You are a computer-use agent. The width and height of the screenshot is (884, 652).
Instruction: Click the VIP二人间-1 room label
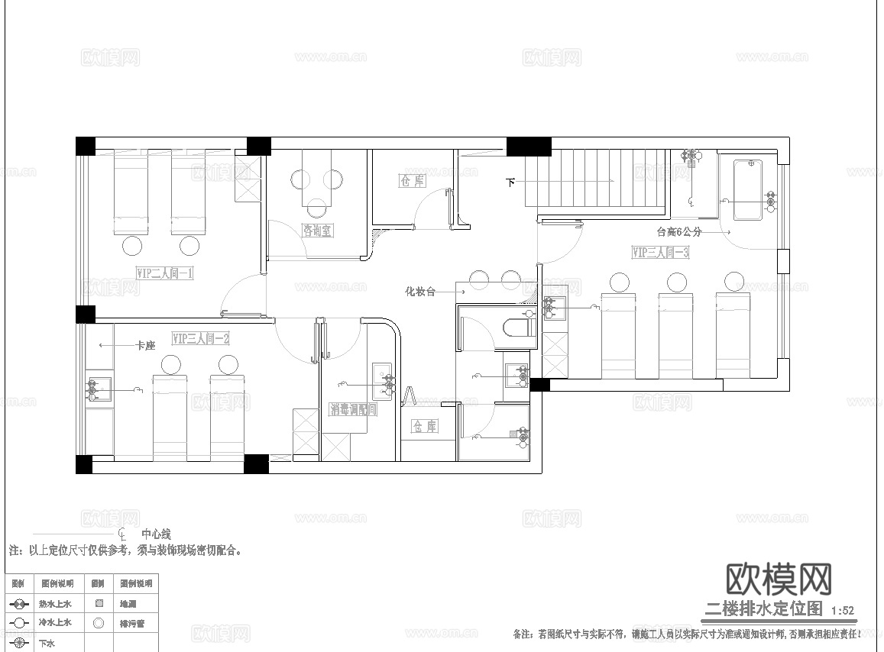coord(164,273)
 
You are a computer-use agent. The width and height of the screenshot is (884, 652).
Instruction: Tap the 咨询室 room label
coord(317,231)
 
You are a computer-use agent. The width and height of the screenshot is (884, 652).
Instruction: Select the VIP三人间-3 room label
coord(661,252)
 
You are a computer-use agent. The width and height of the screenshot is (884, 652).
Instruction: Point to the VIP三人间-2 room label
coord(201,337)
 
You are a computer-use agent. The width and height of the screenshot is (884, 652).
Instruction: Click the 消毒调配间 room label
coord(353,409)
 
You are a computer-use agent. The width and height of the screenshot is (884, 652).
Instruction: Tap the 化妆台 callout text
coord(419,291)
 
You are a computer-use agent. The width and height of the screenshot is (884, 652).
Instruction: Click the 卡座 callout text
coord(145,345)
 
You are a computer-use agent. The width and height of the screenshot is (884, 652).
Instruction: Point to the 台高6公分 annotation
coord(678,231)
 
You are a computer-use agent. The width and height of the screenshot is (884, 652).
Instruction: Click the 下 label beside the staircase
coord(510,182)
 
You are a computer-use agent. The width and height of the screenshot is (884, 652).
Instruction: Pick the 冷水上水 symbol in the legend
coord(19,623)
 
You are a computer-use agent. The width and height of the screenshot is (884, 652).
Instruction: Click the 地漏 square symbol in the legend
coord(98,603)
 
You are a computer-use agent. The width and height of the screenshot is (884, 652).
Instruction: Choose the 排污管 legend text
coord(132,623)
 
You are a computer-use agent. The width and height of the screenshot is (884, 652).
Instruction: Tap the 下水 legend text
coord(47,643)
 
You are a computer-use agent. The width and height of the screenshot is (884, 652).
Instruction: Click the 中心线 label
coord(156,534)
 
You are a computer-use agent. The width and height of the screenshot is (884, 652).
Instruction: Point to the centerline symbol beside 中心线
coord(122,533)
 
